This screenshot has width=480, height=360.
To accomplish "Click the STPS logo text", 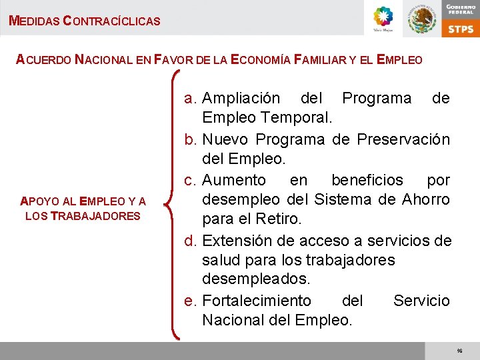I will pos(461,28).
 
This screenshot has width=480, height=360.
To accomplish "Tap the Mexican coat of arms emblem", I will pos(421,19).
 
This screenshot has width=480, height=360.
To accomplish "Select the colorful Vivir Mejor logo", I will pos(383,18).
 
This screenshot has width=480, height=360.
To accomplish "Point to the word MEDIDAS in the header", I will pos(33,21).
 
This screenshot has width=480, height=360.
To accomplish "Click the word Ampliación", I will pos(241,99).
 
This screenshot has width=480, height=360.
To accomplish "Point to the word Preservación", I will pos(403,139).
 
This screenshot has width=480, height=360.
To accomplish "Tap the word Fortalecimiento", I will pos(256,301).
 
